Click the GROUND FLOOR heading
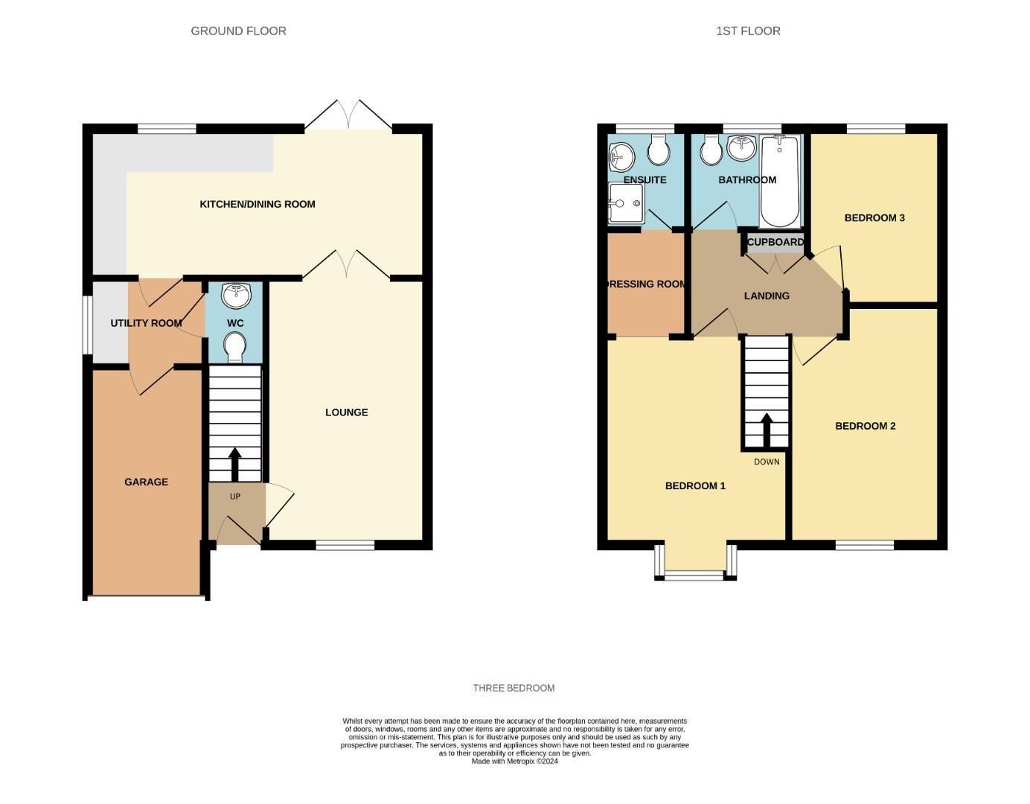[x=238, y=31]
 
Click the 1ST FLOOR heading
[x=748, y=31]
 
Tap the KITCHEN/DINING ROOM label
[x=257, y=204]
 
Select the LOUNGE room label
[x=346, y=412]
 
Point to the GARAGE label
[x=146, y=482]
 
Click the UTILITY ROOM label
[x=146, y=323]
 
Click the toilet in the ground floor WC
[x=235, y=347]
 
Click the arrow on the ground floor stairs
[x=235, y=464]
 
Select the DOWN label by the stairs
[x=767, y=462]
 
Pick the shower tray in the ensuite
[x=626, y=203]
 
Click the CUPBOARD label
[x=775, y=242]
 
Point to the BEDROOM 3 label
[x=874, y=218]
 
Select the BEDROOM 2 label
[x=865, y=426]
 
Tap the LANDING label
[x=767, y=296]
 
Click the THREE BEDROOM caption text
[x=514, y=688]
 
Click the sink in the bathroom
[x=741, y=148]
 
